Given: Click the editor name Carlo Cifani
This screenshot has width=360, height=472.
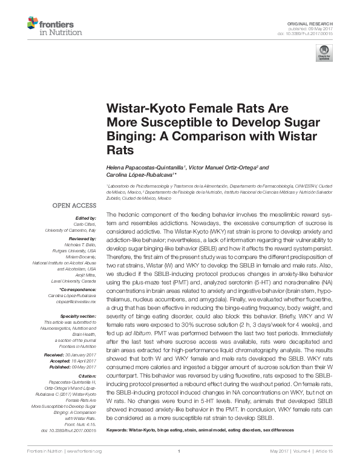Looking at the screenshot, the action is click(86, 223).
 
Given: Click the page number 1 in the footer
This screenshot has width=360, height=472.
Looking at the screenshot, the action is click(180, 468).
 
